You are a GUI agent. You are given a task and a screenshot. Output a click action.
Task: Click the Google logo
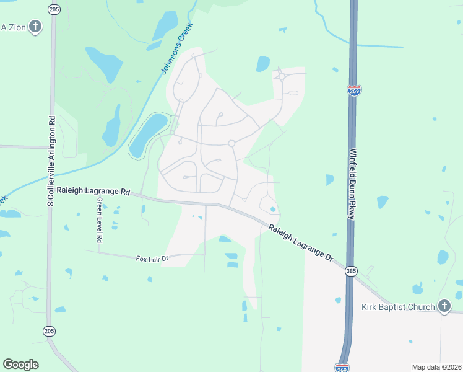20,365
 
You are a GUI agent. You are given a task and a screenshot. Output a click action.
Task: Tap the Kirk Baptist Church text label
398,307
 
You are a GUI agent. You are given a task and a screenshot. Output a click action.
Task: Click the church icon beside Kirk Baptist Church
444,306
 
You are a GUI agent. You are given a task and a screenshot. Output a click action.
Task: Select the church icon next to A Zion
35,27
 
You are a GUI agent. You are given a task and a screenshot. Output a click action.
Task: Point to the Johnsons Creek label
177,49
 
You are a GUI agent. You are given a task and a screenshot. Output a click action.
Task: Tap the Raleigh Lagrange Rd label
93,191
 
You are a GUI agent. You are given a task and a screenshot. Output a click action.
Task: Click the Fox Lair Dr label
152,258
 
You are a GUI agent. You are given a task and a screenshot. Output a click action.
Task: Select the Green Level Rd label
98,221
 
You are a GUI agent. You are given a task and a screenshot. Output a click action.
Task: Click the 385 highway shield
351,271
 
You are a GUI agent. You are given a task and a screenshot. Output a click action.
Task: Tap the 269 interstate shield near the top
354,91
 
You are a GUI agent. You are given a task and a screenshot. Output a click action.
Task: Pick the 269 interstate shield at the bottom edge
342,367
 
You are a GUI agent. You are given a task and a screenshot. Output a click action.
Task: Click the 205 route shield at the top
54,9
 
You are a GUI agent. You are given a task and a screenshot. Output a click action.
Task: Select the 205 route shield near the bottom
50,331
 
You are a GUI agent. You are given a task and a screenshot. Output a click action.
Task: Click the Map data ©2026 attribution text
436,367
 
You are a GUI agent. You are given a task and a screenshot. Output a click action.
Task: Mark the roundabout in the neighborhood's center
231,143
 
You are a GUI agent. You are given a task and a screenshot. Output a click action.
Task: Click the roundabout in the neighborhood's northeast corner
282,77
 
